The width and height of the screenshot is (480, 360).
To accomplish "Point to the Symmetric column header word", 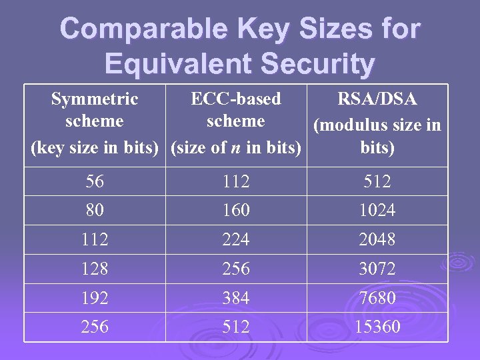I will [95, 99].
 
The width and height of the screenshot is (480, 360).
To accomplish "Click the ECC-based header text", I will [236, 99].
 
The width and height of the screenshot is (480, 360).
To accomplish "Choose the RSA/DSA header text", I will [377, 99].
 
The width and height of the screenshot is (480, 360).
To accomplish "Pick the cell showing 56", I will [95, 181].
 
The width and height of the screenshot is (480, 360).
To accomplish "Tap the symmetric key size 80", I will [95, 210].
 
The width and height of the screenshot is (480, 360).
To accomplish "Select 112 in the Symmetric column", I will [95, 239].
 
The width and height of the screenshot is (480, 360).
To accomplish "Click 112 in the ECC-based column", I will [236, 181].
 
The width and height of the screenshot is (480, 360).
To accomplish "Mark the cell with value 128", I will [95, 269].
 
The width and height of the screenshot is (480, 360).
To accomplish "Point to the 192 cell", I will [95, 298].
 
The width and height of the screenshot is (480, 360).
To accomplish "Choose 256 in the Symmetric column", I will [95, 327].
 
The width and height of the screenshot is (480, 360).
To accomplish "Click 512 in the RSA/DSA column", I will [377, 181].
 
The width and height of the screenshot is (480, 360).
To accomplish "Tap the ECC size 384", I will [236, 298].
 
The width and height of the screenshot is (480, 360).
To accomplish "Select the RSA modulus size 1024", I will [377, 210].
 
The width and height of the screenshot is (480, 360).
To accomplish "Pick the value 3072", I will [377, 269].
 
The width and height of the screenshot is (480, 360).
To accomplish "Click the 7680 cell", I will [377, 298].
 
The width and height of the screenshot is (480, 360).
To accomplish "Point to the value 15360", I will [377, 327].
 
